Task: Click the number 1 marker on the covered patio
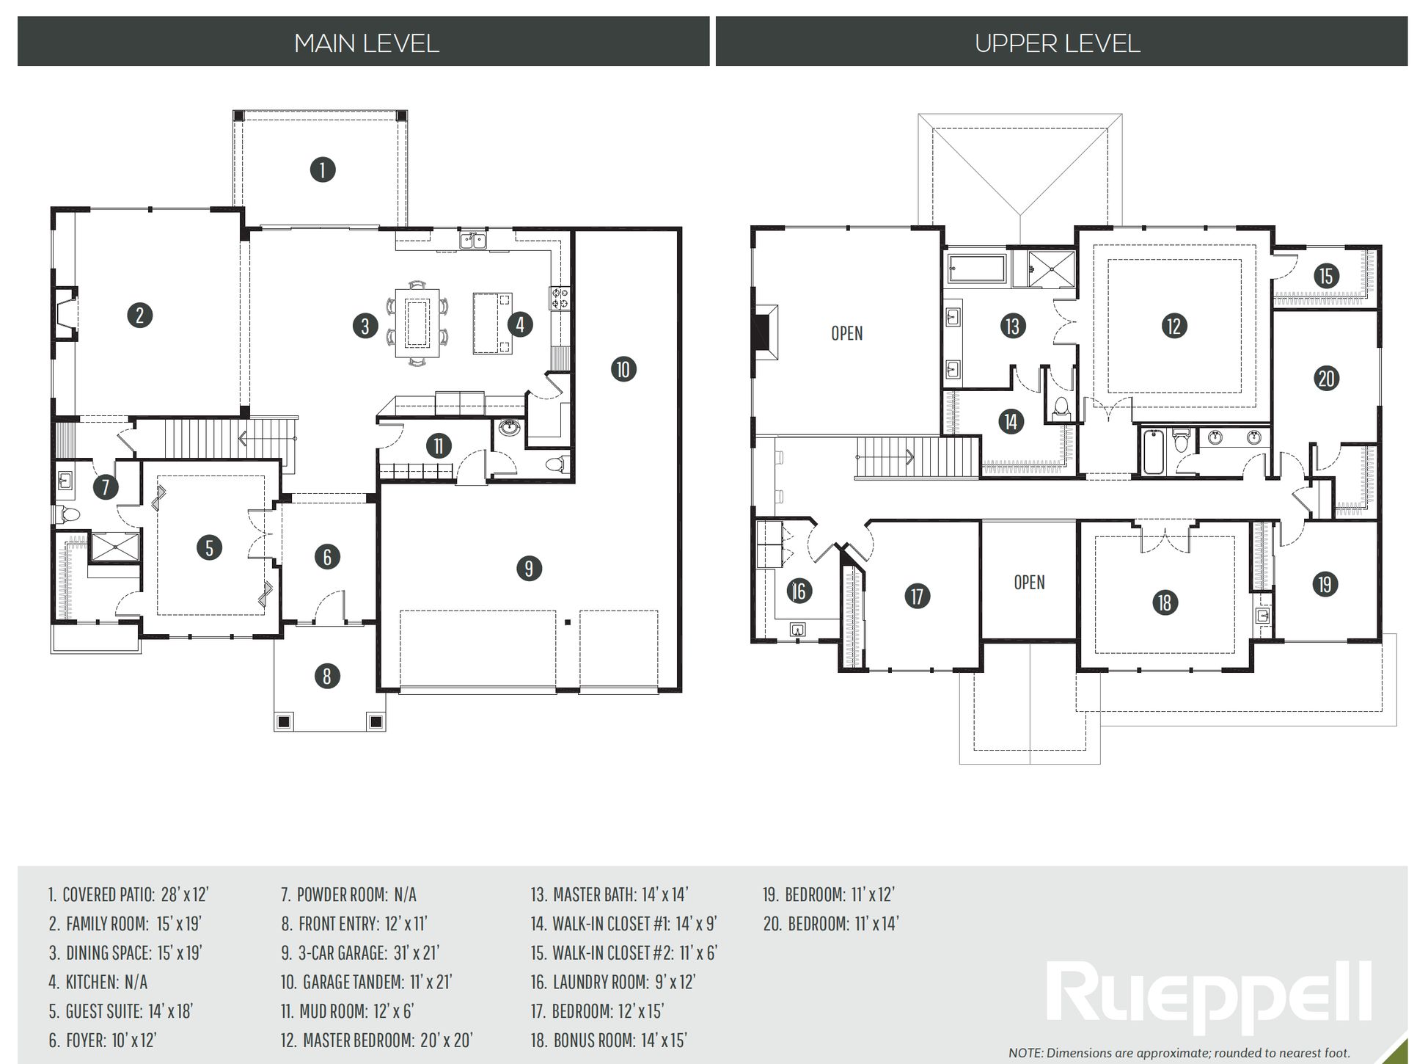tap(323, 170)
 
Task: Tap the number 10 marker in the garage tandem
tap(623, 369)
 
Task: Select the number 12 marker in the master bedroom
tap(1173, 325)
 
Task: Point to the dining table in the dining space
tap(416, 323)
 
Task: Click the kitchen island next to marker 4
tap(492, 324)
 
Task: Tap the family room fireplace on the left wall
tap(65, 314)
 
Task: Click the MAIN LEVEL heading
tap(367, 43)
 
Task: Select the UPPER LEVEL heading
tap(1058, 43)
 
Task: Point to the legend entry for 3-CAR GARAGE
tap(360, 952)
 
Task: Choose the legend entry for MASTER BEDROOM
tap(377, 1040)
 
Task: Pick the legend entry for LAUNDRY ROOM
tap(613, 982)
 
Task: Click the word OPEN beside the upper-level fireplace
tap(846, 333)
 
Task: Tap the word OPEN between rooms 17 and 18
tap(1029, 582)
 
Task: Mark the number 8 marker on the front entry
tap(327, 676)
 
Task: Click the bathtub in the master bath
tap(977, 269)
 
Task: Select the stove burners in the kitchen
tap(560, 297)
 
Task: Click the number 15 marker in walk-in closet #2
tap(1326, 276)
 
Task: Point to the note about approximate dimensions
tap(1179, 1053)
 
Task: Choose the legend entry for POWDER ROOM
tap(349, 894)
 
